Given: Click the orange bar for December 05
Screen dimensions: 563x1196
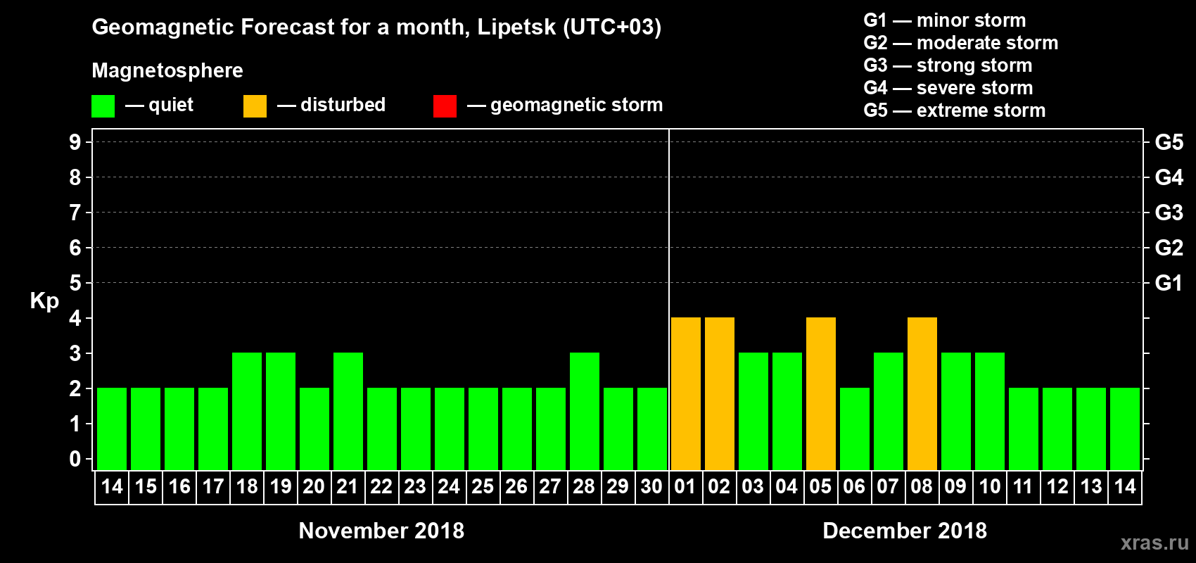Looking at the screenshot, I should click(821, 393).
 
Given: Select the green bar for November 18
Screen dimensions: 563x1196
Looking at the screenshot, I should click(247, 411).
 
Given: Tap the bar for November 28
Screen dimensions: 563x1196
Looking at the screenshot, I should click(585, 411).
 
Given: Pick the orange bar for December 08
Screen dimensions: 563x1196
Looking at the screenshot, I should click(922, 393).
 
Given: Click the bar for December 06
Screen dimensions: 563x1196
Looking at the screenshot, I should click(855, 429).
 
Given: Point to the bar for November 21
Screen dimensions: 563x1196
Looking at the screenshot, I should click(348, 411).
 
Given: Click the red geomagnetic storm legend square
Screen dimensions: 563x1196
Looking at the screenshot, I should click(445, 106).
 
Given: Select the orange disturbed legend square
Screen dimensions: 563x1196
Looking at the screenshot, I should click(255, 106).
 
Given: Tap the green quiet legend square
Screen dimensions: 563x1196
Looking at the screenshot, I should click(103, 106).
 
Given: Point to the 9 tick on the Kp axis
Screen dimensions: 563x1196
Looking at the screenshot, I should click(75, 142).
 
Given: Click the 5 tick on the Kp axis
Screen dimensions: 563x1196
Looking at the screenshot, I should click(75, 283).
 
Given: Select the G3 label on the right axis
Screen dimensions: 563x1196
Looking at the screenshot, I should click(1169, 213).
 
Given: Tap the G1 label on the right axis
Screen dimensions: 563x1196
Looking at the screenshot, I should click(1169, 283).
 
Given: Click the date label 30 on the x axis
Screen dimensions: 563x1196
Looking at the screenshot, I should click(651, 486).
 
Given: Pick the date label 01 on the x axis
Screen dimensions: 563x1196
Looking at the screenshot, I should click(685, 486).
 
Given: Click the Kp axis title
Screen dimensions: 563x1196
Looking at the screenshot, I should click(44, 301).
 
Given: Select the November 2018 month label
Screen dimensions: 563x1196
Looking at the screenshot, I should click(381, 531).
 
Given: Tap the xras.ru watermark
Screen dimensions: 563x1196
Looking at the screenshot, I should click(1154, 543).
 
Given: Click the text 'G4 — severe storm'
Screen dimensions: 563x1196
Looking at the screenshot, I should click(948, 88).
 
